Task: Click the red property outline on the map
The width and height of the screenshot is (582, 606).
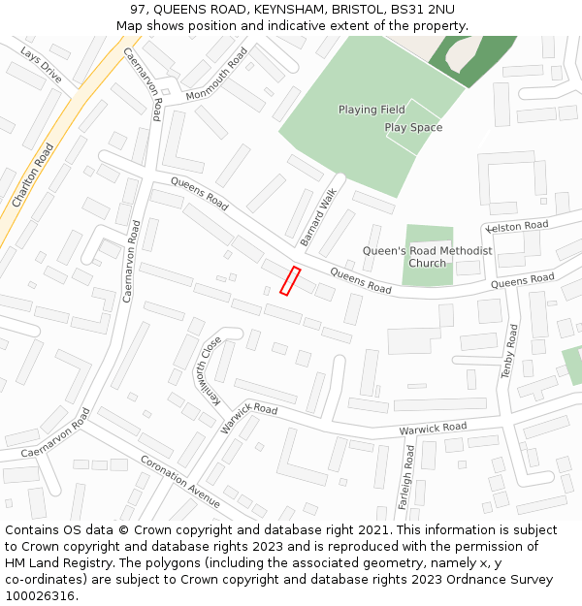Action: pos(290,280)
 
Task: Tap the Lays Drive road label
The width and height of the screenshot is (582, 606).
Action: pos(41,65)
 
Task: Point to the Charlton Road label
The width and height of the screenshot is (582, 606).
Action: pos(33,175)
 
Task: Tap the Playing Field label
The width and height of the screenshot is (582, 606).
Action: pos(372,110)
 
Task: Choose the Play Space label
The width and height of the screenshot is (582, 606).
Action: pos(413,127)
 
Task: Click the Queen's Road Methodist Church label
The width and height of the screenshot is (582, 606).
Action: pos(427,257)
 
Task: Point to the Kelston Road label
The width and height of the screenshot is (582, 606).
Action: pos(518,226)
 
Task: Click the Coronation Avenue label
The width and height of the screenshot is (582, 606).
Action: pos(179,481)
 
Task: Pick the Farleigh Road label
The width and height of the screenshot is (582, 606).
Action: pos(409,476)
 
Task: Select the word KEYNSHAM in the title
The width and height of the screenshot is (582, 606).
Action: pos(269,10)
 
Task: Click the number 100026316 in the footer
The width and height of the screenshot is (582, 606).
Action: pos(40,595)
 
